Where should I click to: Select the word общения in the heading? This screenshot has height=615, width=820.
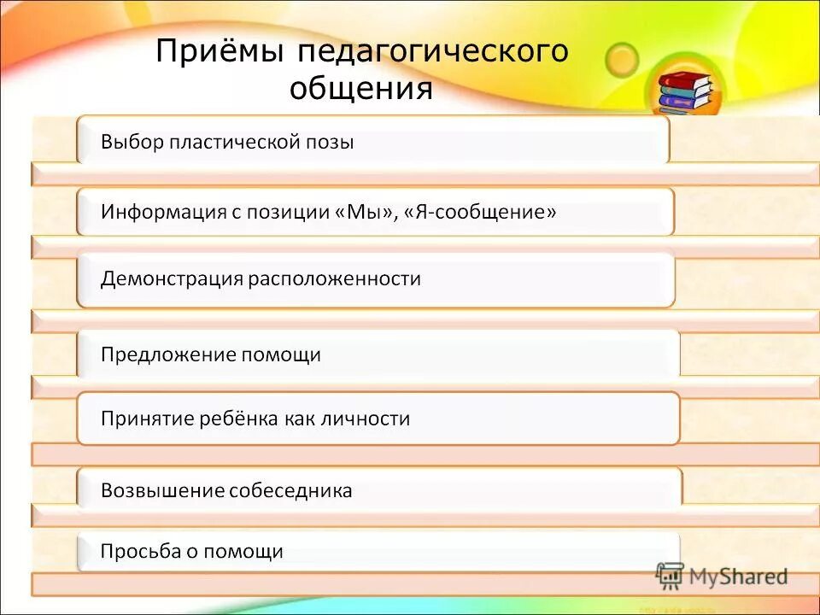(361, 88)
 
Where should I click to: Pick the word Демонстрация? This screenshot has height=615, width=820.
(172, 278)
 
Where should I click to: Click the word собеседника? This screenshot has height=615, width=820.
(291, 490)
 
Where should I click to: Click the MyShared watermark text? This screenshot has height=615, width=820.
(738, 577)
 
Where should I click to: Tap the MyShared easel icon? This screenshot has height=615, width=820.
(671, 575)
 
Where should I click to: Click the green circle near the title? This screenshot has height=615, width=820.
(622, 59)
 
